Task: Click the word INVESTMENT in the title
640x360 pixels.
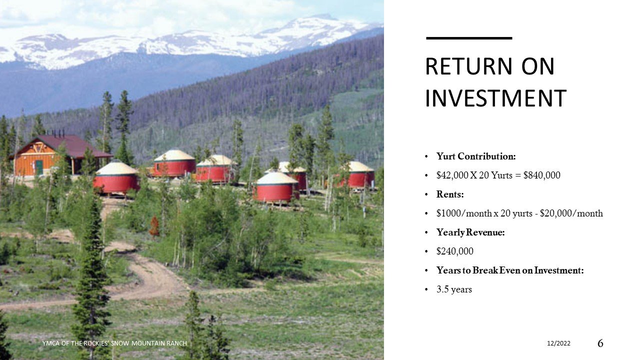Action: (495, 98)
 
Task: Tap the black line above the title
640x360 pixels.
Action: (469, 38)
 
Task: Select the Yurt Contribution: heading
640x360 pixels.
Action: (475, 156)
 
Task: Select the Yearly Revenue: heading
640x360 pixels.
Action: (470, 232)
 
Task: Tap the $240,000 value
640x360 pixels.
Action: (455, 251)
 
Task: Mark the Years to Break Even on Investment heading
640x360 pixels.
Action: (510, 270)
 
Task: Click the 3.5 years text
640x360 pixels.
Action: (454, 289)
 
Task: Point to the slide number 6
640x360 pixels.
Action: (600, 343)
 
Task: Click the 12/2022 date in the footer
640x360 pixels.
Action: (558, 343)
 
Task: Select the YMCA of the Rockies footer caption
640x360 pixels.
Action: (114, 343)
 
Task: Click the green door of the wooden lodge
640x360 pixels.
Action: (38, 167)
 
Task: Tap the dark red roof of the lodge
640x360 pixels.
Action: (75, 145)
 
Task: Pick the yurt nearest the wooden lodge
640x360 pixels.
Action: (116, 177)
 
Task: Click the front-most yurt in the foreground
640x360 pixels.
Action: (276, 188)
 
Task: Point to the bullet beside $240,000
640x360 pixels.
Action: (426, 251)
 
